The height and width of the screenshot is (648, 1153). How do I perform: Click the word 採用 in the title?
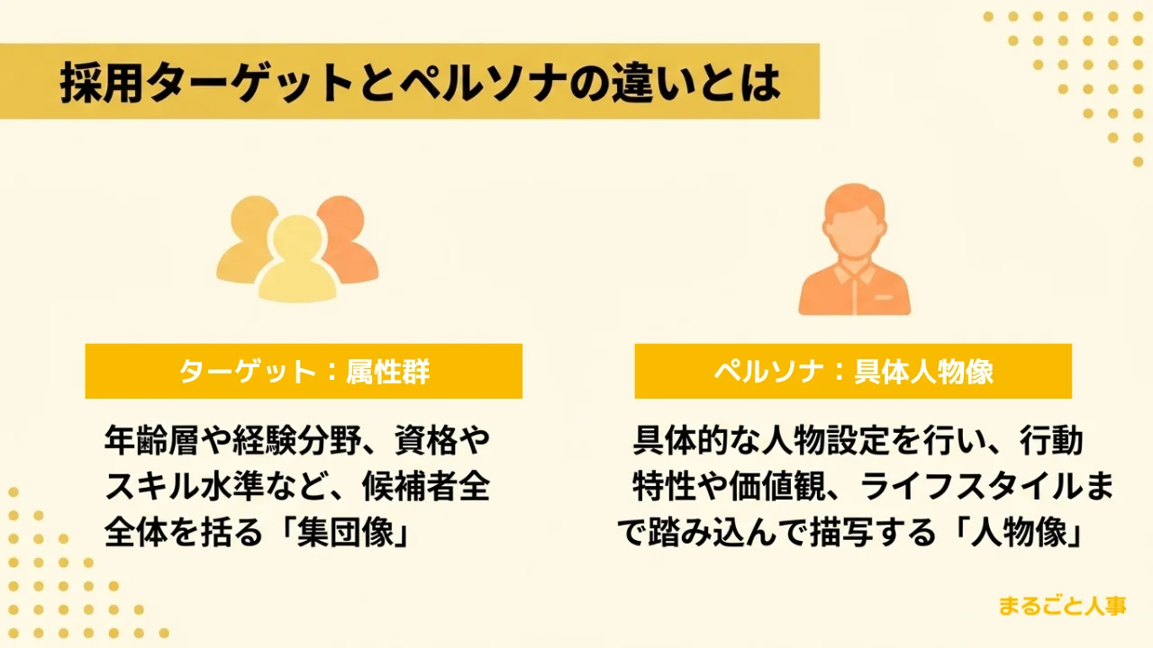point(101,83)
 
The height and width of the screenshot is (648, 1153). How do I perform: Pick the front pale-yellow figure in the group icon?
point(297,260)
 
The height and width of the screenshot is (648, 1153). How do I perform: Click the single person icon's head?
point(855,221)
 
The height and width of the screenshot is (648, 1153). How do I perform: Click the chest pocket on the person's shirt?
point(884,298)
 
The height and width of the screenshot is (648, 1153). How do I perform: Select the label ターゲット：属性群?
point(304,372)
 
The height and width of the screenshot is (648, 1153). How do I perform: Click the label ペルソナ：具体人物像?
point(853,372)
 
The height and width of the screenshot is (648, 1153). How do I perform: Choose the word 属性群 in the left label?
point(387,372)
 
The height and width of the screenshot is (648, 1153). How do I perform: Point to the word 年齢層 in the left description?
point(151,440)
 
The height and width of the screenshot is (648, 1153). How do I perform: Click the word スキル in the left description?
point(151,486)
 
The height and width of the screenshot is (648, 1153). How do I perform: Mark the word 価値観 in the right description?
point(777,486)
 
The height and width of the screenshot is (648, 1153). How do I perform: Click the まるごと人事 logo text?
point(1062,606)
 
